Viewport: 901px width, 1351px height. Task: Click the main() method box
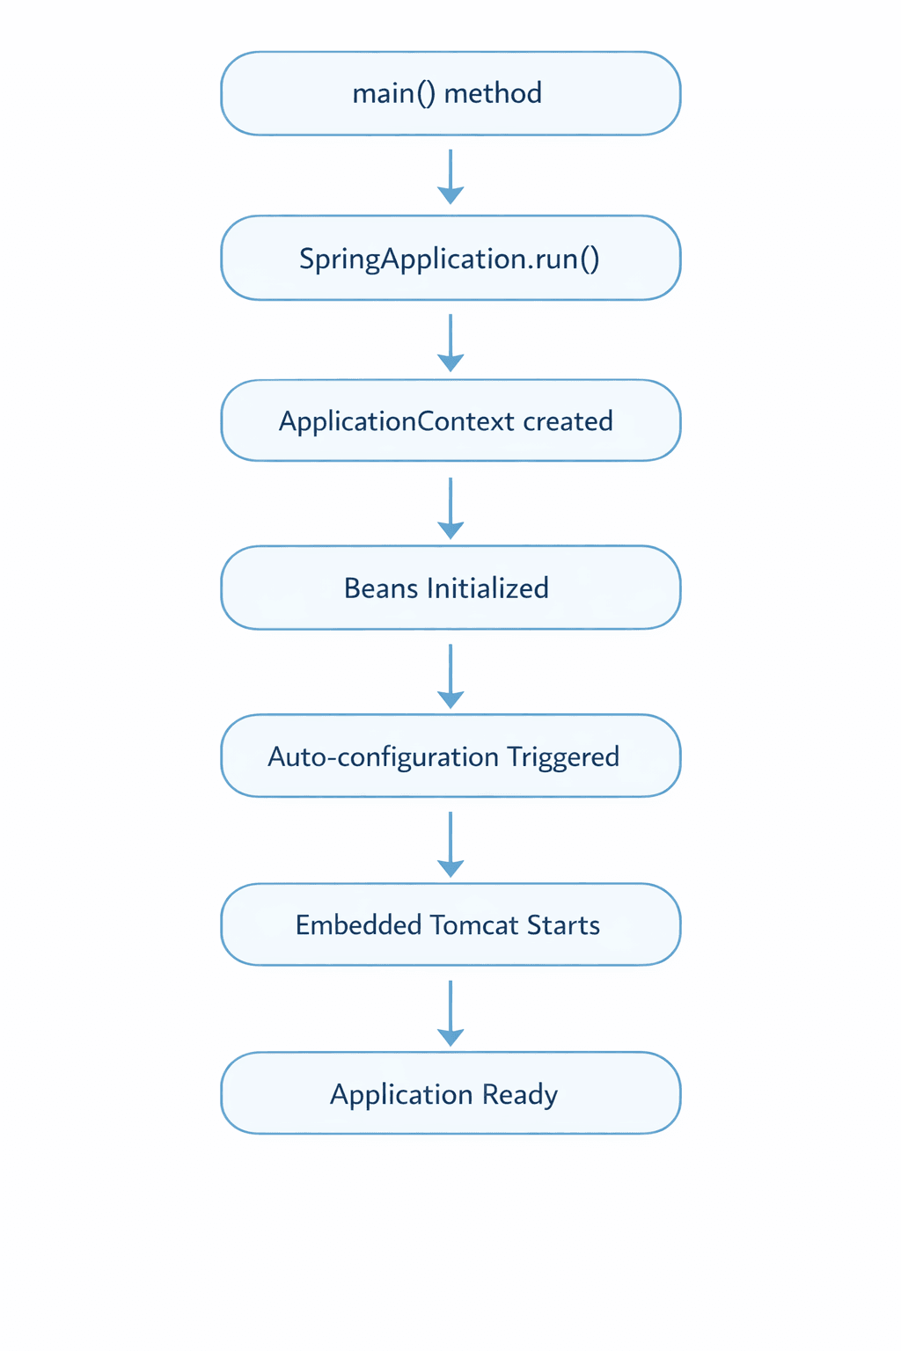point(450,93)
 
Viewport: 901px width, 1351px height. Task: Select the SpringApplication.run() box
point(450,258)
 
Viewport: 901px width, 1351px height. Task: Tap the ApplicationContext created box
point(450,420)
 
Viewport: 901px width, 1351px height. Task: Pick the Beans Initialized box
point(450,588)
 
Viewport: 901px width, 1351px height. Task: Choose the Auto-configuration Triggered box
point(450,756)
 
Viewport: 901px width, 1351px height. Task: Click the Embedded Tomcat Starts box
point(450,924)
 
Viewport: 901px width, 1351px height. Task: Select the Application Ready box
point(450,1093)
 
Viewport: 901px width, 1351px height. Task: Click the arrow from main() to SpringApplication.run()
point(450,176)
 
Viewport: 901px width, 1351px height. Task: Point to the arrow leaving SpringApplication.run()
point(450,341)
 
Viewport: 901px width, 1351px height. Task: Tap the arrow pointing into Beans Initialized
point(450,508)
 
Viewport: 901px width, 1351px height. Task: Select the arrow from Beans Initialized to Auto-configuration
point(450,675)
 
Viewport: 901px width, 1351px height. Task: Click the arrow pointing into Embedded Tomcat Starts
point(450,843)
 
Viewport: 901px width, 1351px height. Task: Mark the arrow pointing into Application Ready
point(450,1012)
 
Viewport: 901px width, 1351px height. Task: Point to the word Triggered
point(563,757)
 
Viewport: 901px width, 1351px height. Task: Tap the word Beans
point(380,588)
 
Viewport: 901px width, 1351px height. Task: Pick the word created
point(568,421)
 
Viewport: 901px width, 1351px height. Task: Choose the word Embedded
point(358,925)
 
